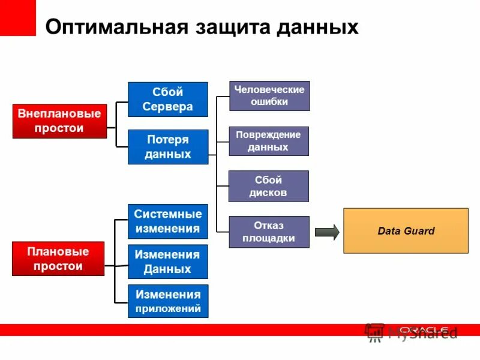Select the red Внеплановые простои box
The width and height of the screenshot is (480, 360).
pos(59,121)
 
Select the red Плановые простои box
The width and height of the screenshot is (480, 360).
pos(58,259)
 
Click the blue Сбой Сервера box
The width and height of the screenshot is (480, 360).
pos(167,100)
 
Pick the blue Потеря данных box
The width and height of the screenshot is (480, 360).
pos(167,147)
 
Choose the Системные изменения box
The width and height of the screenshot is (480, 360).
pos(167,221)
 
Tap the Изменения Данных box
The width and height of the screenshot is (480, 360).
pos(167,262)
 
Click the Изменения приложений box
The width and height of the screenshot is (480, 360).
pos(167,302)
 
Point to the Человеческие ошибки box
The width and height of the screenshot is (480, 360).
pos(269,96)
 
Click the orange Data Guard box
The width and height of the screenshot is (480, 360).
pos(406,231)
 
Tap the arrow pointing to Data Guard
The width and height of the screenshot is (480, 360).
pos(327,232)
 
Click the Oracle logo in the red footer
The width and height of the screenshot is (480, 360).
pos(423,329)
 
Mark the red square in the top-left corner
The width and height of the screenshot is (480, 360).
pos(17,17)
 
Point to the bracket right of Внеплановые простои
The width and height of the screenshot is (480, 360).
pos(117,124)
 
